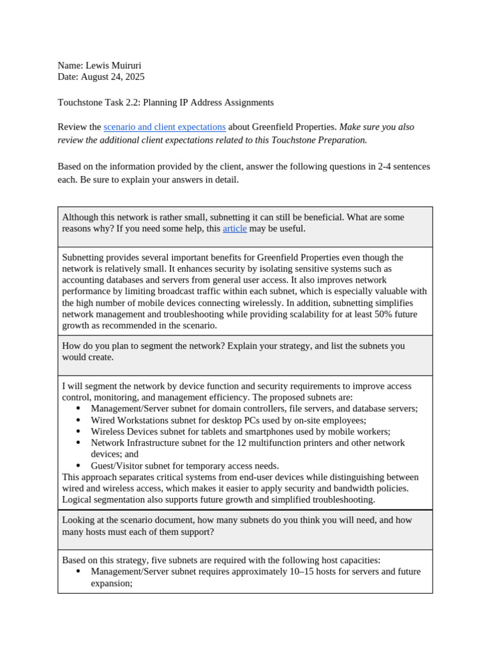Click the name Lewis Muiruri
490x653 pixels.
[x=117, y=65]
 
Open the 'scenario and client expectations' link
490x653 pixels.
[x=165, y=127]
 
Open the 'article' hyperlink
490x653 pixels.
[x=234, y=228]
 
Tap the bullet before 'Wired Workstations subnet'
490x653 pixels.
[x=78, y=420]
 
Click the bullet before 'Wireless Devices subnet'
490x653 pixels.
[x=78, y=432]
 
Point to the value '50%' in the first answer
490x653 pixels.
[x=375, y=314]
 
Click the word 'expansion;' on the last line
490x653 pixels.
[x=112, y=583]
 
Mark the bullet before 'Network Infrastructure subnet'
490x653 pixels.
[x=78, y=443]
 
